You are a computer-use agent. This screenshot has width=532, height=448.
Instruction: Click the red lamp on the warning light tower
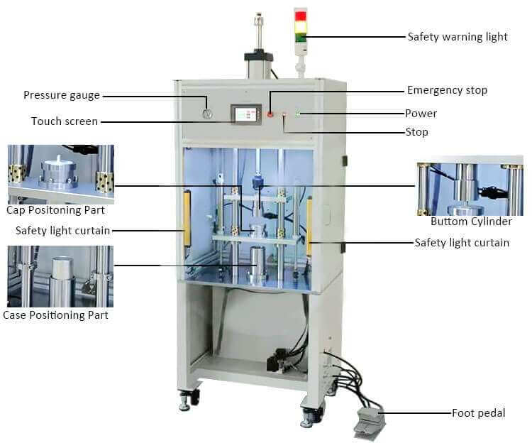click(301, 16)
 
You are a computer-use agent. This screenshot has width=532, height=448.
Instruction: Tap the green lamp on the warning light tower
click(301, 37)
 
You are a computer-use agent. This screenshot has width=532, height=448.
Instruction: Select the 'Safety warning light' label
click(458, 37)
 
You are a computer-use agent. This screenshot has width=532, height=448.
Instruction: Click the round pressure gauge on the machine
click(207, 114)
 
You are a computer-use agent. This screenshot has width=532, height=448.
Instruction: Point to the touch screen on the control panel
click(246, 114)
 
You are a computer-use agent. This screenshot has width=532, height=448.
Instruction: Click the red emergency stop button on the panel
click(270, 114)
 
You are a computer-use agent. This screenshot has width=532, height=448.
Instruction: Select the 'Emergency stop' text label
click(447, 90)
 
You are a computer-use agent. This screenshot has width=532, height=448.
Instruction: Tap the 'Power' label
click(421, 114)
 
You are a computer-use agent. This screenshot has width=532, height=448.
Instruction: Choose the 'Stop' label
click(416, 132)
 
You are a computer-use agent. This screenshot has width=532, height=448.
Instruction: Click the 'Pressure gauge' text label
click(62, 95)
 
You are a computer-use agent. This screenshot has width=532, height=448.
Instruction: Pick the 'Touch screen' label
click(65, 121)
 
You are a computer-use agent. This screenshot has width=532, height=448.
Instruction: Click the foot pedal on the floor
click(369, 422)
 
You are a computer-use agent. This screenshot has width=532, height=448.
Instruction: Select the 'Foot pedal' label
click(478, 413)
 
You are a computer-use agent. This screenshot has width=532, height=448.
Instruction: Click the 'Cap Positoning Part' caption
click(55, 210)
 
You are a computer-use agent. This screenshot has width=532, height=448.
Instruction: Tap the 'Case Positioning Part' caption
click(55, 315)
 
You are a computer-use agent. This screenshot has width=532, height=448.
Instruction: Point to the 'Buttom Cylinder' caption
click(471, 222)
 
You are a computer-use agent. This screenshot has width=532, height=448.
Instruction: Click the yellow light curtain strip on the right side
click(309, 226)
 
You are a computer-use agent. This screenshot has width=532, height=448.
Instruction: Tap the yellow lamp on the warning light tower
click(301, 26)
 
